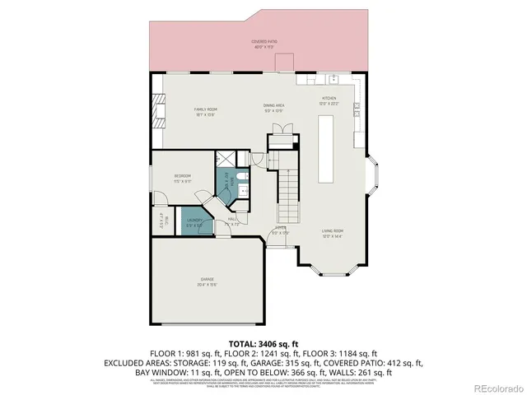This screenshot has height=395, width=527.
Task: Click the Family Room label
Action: coord(204,111)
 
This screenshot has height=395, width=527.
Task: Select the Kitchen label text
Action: coord(329,100)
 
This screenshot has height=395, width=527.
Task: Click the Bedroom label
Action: coord(182,177)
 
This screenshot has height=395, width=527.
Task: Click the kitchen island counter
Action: coord(326,149)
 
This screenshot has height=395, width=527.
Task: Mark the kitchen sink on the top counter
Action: coord(333,80)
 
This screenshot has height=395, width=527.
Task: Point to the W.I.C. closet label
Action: coord(161,221)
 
